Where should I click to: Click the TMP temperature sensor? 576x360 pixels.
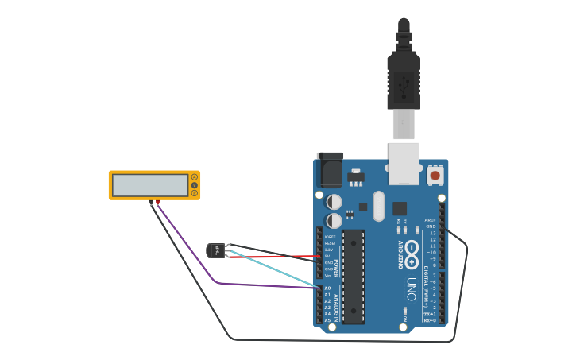click(x=214, y=250)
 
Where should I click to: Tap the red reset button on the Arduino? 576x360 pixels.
click(x=435, y=175)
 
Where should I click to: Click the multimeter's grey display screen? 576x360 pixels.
click(x=149, y=185)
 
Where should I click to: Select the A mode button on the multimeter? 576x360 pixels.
click(x=195, y=176)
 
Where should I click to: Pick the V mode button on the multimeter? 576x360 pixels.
click(x=195, y=185)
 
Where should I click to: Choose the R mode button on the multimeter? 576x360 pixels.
click(x=195, y=193)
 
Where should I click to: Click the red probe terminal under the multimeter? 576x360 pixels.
click(x=157, y=203)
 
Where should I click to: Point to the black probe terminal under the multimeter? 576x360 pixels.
click(x=150, y=203)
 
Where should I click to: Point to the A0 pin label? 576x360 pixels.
click(x=327, y=288)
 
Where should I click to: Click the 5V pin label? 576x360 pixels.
click(x=328, y=256)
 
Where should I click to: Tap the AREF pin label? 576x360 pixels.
click(x=431, y=220)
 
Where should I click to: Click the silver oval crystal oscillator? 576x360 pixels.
click(x=378, y=206)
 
